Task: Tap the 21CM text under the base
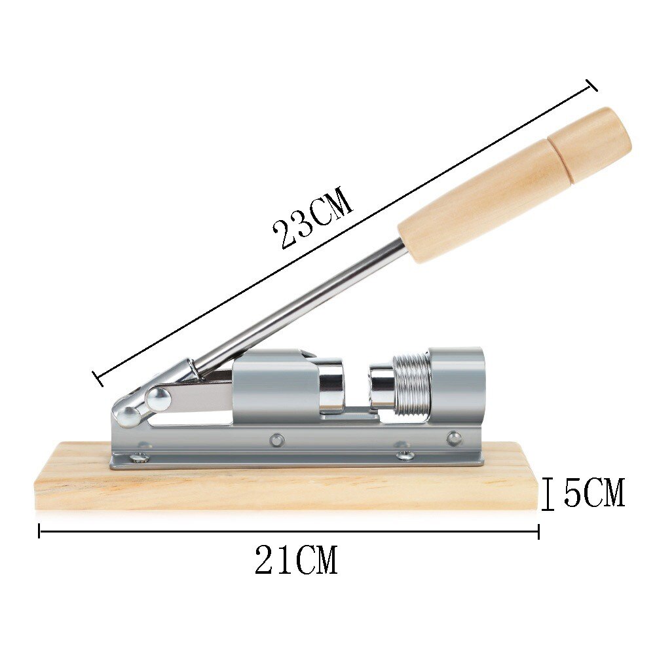(296, 561)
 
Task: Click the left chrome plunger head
(331, 386)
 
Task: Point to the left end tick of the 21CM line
(40, 531)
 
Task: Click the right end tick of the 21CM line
(538, 531)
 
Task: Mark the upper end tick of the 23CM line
(591, 85)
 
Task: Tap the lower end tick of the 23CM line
(98, 378)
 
